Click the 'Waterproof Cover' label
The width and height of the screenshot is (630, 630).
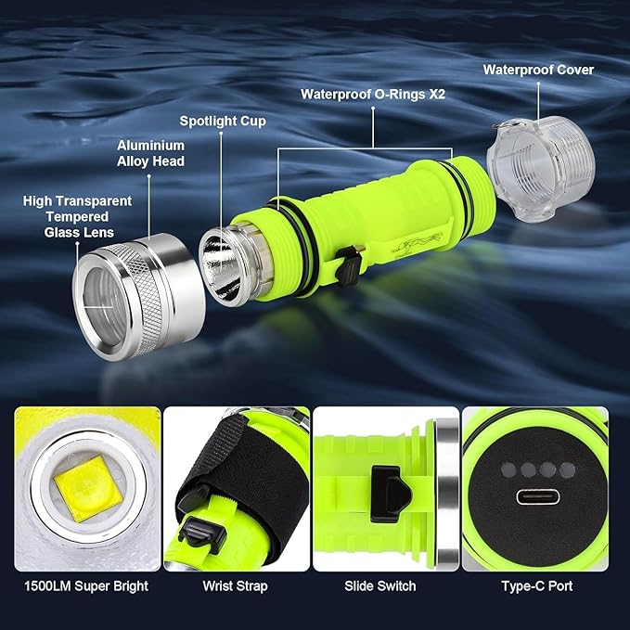pos(538,70)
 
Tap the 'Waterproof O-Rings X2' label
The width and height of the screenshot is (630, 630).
pos(373,94)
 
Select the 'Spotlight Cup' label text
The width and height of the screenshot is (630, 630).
pos(223,121)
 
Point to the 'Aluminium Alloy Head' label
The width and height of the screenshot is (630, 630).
pos(150,153)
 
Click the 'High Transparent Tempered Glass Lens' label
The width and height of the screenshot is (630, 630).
pos(78,216)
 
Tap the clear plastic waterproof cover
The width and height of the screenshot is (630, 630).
pos(541,169)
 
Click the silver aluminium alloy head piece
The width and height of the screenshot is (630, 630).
pos(138,297)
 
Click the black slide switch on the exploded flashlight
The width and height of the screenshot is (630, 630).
pos(348,265)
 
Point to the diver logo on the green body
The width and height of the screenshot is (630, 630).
pos(416,243)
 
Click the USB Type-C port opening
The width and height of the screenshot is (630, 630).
pos(537,497)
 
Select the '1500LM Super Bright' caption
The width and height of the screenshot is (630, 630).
pos(86,586)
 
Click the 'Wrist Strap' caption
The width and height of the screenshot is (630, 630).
pos(235,586)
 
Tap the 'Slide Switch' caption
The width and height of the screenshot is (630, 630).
pos(380,586)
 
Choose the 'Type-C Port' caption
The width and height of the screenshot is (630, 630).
pos(537,586)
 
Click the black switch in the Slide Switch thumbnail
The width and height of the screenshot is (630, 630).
pos(390,495)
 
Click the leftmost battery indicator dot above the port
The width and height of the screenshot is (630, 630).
pos(508,469)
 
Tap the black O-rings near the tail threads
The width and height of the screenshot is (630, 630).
pos(462,195)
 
